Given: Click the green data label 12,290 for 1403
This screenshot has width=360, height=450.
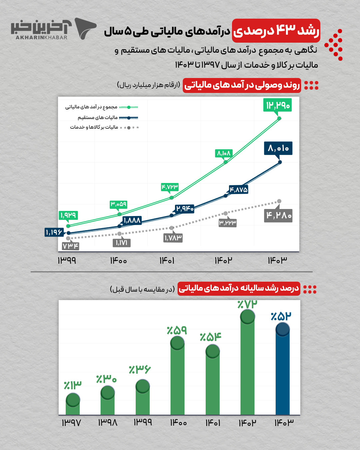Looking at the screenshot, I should click(x=277, y=105).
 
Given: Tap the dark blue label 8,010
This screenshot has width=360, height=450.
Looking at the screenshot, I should click(x=278, y=148).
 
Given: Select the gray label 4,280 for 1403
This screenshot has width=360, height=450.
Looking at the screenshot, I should click(x=278, y=216).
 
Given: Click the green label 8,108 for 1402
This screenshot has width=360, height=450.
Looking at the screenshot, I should click(x=224, y=153).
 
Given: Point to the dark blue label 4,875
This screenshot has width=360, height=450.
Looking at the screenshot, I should click(x=238, y=190).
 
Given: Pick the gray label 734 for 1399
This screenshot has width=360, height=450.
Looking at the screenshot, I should click(x=70, y=246).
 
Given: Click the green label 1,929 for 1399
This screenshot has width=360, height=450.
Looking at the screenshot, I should click(x=68, y=215).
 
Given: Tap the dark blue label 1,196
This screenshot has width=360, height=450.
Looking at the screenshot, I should click(x=54, y=232).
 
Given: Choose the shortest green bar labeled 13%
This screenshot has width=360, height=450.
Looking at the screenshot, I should click(x=73, y=405).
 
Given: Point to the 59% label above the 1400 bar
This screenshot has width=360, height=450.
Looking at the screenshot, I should click(x=177, y=330).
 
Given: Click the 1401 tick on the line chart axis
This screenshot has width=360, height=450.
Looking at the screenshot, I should click(x=167, y=260).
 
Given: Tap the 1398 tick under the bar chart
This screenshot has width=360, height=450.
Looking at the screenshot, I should click(x=107, y=423).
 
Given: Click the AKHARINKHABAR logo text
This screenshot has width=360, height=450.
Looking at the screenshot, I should click(x=41, y=37).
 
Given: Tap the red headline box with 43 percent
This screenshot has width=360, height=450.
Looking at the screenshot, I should click(x=276, y=31).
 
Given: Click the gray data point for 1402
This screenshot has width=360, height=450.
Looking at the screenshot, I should click(x=226, y=213).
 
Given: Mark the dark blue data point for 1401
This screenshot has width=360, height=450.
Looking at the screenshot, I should click(x=172, y=215).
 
